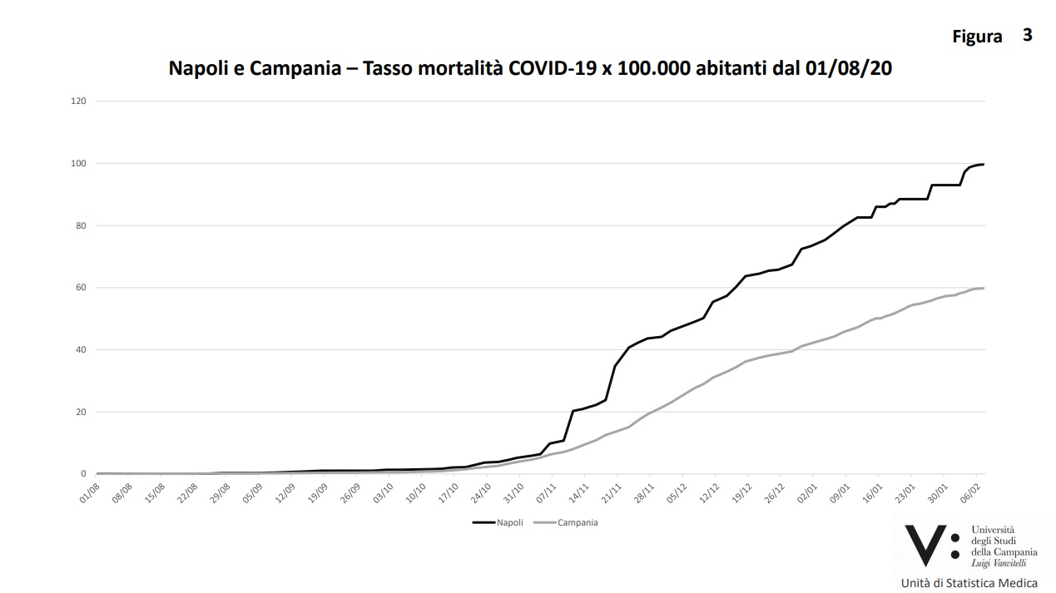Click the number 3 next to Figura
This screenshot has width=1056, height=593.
pyautogui.click(x=1028, y=35)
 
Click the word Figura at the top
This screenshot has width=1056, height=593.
pyautogui.click(x=977, y=37)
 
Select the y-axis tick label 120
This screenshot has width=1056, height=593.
pyautogui.click(x=79, y=101)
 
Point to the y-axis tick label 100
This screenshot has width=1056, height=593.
pyautogui.click(x=79, y=163)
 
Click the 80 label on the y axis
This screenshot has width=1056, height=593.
pyautogui.click(x=81, y=225)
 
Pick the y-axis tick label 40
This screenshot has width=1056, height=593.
pyautogui.click(x=81, y=350)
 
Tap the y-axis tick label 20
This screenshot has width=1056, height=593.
pyautogui.click(x=81, y=413)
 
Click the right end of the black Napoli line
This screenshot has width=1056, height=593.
pyautogui.click(x=984, y=164)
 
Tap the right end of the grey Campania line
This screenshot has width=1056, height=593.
pyautogui.click(x=984, y=288)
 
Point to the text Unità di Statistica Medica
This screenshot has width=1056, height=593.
pyautogui.click(x=969, y=582)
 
